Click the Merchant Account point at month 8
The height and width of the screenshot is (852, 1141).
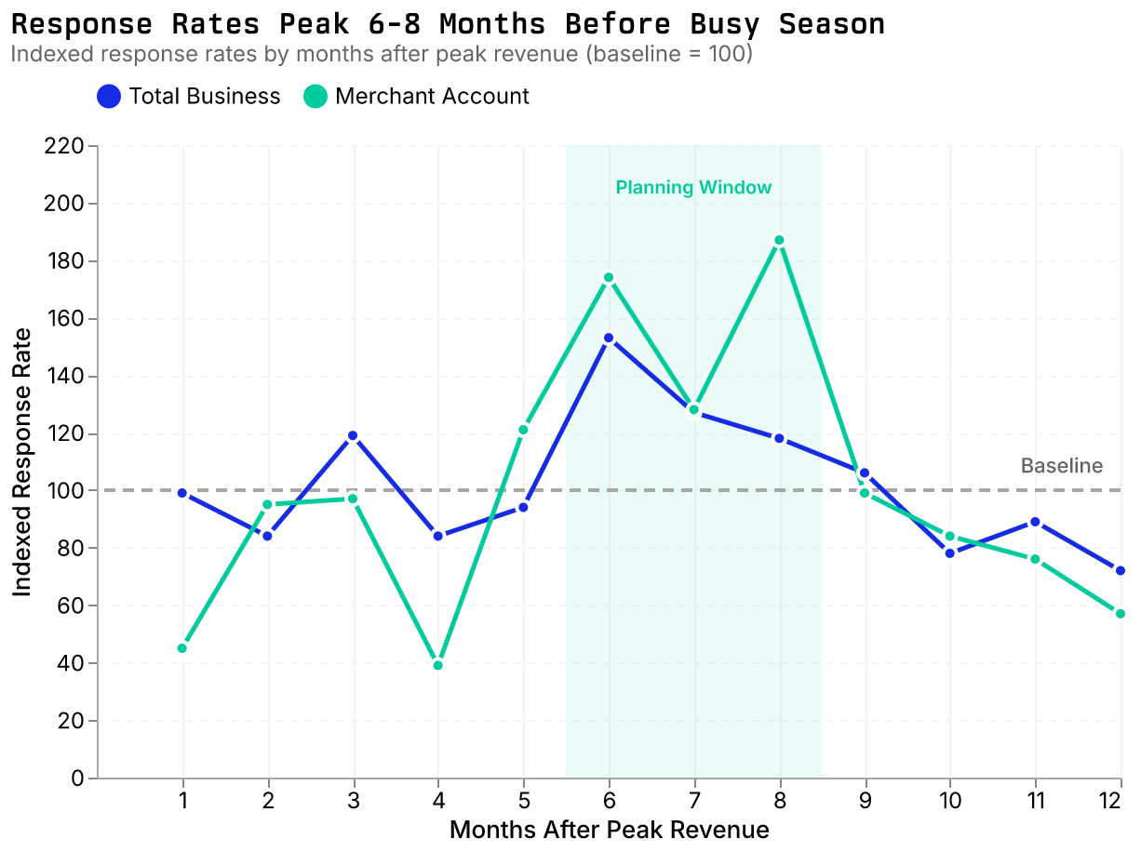(x=780, y=240)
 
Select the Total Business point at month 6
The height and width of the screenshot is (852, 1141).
(x=609, y=338)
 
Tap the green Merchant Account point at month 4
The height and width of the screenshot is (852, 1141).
(x=438, y=665)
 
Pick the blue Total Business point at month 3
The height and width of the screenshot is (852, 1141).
(x=353, y=435)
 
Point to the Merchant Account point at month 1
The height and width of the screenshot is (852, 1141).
(x=182, y=648)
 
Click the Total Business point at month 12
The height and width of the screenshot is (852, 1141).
(x=1121, y=570)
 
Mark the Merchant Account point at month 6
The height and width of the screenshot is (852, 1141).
(x=609, y=277)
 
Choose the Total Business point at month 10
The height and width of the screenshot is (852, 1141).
(x=950, y=553)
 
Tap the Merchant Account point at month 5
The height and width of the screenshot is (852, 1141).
(x=523, y=430)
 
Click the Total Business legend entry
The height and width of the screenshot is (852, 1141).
(x=189, y=97)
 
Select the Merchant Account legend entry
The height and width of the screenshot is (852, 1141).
(x=418, y=97)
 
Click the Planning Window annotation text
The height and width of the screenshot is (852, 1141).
(x=693, y=188)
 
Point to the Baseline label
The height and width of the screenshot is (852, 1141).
(x=1061, y=466)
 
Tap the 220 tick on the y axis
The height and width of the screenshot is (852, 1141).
(x=64, y=146)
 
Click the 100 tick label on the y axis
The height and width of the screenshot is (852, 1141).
(x=64, y=491)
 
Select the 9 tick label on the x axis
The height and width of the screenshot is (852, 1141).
(x=866, y=800)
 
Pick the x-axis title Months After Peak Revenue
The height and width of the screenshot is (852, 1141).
(x=609, y=830)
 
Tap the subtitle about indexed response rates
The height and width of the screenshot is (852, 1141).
(x=381, y=54)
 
